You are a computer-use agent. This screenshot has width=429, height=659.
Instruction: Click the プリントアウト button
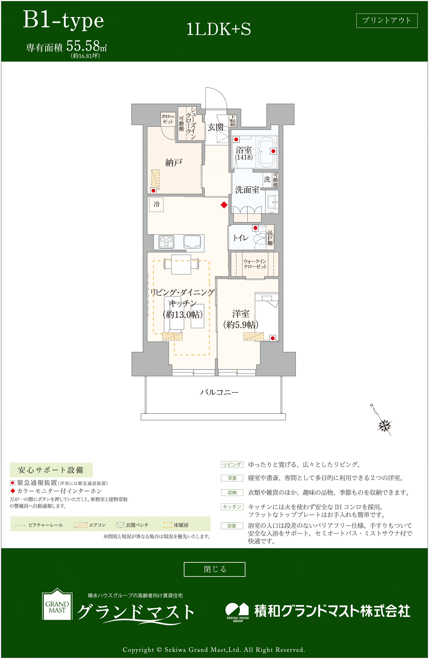(387, 20)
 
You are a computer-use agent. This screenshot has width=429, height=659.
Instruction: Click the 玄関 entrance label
(215, 127)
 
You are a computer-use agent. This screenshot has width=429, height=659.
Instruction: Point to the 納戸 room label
(174, 163)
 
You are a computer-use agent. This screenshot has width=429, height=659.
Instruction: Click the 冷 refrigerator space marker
(156, 204)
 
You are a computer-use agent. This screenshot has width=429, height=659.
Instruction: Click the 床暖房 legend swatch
(168, 525)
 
